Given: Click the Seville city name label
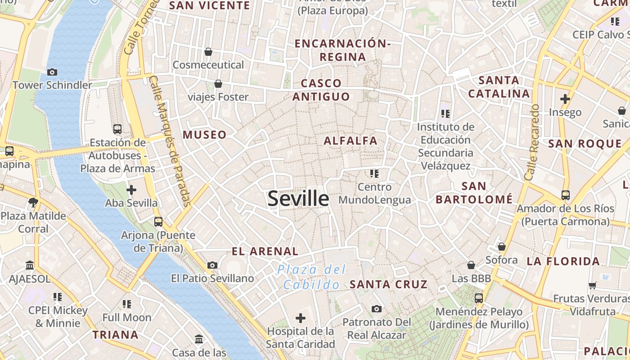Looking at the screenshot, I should (x=298, y=198).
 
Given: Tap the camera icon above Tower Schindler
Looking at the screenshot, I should (x=52, y=72).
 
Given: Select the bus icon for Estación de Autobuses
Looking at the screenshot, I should (x=117, y=129).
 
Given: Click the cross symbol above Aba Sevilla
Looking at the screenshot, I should (x=131, y=190).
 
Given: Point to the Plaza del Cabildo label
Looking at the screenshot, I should (x=311, y=277).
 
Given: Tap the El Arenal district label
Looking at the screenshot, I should (x=265, y=252).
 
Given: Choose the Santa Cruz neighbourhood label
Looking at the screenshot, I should (x=388, y=284).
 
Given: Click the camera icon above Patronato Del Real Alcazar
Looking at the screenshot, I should (x=377, y=309).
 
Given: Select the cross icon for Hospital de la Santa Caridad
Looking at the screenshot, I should (x=301, y=318).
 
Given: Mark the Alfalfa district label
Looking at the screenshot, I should (x=351, y=141).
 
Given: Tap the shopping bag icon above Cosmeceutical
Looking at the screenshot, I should (x=208, y=52).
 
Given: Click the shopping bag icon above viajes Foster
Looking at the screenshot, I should (x=218, y=84).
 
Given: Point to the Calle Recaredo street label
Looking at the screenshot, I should (x=532, y=143).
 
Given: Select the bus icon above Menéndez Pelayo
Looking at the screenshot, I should (x=479, y=298).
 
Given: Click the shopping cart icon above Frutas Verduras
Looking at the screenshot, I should (x=593, y=285).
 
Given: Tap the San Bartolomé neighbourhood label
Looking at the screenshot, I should (x=474, y=193).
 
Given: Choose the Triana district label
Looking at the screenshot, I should (x=116, y=335).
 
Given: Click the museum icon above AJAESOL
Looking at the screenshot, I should (x=30, y=265).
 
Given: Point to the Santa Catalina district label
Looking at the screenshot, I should (x=499, y=87).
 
